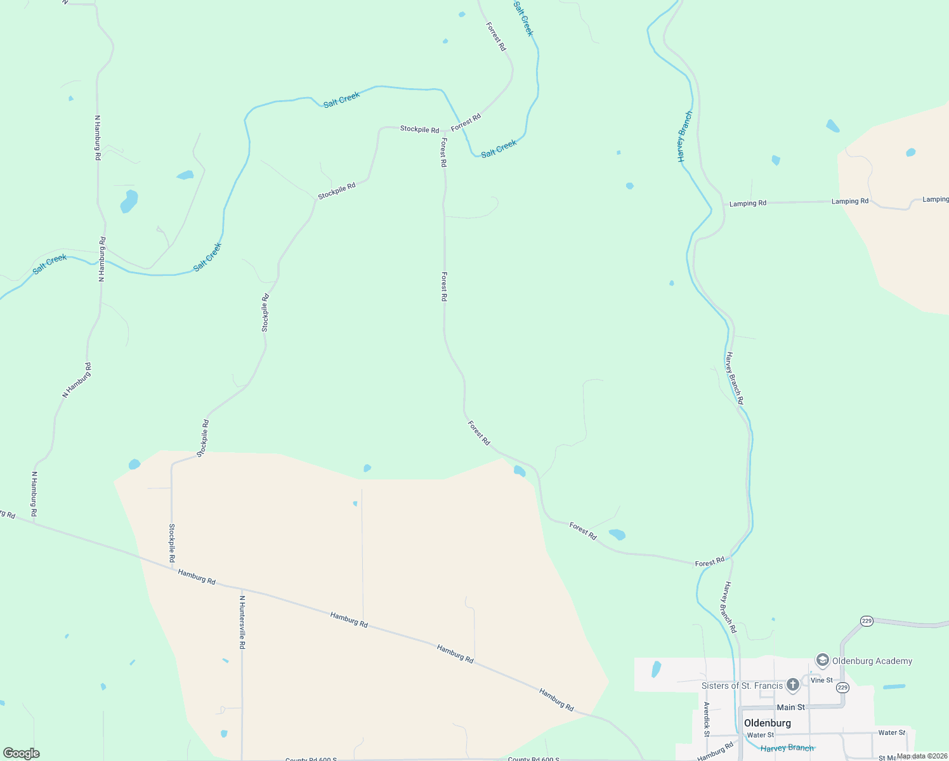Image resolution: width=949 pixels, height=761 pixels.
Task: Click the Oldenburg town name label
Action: pyautogui.click(x=767, y=723)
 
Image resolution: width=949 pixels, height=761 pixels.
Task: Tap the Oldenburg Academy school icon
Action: pyautogui.click(x=823, y=661)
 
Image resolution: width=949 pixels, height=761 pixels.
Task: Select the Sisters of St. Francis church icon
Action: pyautogui.click(x=792, y=685)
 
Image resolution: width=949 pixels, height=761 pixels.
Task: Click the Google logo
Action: pyautogui.click(x=22, y=753)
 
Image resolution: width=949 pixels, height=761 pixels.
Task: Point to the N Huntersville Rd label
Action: pyautogui.click(x=242, y=621)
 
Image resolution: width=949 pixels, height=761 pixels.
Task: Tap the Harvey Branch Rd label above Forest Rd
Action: pyautogui.click(x=735, y=378)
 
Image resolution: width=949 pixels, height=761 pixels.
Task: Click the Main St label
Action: pyautogui.click(x=790, y=707)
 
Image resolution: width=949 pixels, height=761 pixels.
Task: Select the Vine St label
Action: pyautogui.click(x=821, y=680)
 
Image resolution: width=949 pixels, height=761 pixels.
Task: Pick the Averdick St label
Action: pyautogui.click(x=706, y=719)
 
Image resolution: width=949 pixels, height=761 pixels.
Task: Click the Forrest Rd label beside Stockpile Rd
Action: pyautogui.click(x=466, y=121)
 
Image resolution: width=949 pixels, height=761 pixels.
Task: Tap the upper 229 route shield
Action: pyautogui.click(x=867, y=621)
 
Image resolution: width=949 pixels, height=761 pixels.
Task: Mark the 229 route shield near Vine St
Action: pyautogui.click(x=842, y=687)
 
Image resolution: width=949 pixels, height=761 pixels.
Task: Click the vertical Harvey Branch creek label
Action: pyautogui.click(x=684, y=136)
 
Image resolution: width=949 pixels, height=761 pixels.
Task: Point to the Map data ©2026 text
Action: pyautogui.click(x=922, y=756)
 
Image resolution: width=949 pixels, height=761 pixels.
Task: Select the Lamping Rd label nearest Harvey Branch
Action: pyautogui.click(x=747, y=204)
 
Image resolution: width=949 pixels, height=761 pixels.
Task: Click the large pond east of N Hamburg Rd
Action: pyautogui.click(x=129, y=201)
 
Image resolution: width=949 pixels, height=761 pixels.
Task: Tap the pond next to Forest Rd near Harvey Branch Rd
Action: pyautogui.click(x=617, y=535)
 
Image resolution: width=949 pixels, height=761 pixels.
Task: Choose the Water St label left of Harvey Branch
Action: pyautogui.click(x=760, y=735)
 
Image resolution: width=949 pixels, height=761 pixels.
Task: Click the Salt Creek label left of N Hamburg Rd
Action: pyautogui.click(x=49, y=263)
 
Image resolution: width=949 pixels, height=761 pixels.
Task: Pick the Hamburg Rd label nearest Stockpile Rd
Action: pyautogui.click(x=197, y=576)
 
